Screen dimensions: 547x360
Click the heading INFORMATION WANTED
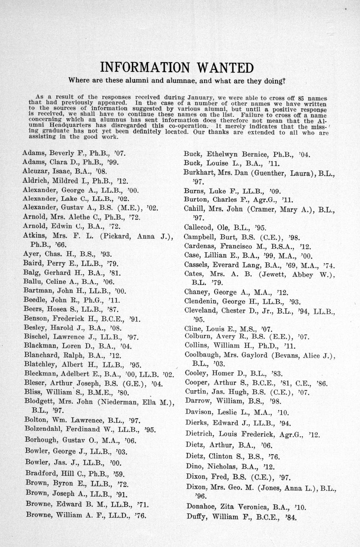176,67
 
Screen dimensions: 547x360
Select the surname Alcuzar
34,171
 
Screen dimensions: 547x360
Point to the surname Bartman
38,291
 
